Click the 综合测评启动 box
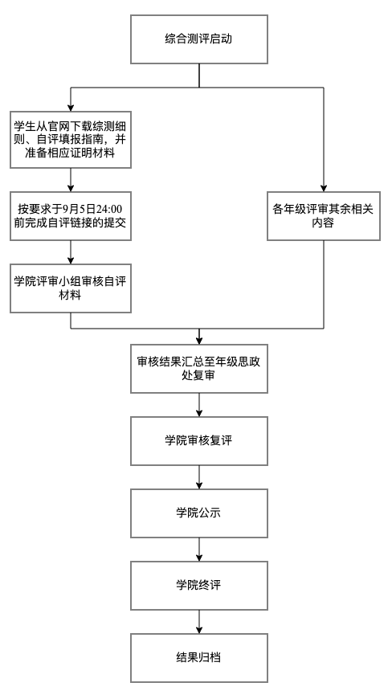point(198,38)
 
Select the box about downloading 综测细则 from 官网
point(71,139)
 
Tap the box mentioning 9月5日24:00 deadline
point(71,215)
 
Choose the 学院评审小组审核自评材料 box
point(71,288)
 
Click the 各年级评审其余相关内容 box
point(324,215)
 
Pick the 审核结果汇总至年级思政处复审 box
point(198,368)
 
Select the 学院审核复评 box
point(198,440)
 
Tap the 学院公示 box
point(198,513)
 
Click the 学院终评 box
point(198,585)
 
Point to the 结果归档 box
point(198,657)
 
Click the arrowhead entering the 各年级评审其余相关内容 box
point(324,186)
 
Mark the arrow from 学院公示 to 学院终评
point(198,549)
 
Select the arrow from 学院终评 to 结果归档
point(198,621)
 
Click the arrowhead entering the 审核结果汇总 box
point(198,338)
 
